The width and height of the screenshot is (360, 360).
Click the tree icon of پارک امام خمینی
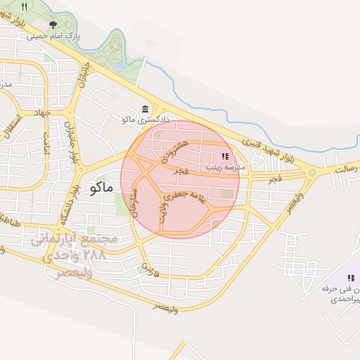(53, 25)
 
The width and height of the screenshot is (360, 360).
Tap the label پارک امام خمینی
(53, 35)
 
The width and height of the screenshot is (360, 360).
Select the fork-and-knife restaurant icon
(24, 6)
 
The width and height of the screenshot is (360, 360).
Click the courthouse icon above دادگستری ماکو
(146, 109)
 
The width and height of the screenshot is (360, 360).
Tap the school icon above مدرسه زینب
(224, 156)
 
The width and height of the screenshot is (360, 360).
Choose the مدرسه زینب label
(224, 167)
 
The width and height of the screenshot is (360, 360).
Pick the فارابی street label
(149, 268)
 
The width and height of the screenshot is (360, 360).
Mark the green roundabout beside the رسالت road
(311, 172)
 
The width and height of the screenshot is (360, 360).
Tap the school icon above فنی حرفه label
(351, 278)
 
